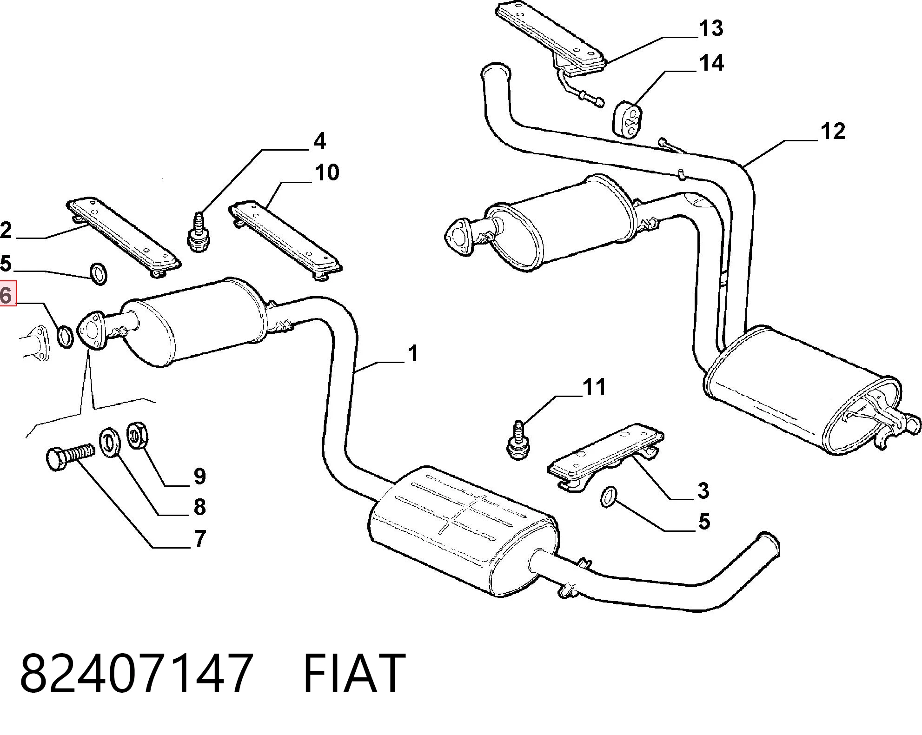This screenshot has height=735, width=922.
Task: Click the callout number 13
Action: pos(711,28)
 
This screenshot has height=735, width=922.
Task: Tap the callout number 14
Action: pos(711,63)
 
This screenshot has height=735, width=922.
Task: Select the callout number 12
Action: pos(833,131)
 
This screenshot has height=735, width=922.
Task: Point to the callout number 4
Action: pos(319,140)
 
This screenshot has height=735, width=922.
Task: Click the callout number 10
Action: pos(327,172)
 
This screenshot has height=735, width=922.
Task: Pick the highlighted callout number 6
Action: pos(7,294)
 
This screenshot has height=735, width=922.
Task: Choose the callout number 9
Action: pos(199,476)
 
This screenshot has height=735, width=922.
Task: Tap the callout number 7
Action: pos(200,539)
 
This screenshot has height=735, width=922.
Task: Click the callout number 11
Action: pos(594,387)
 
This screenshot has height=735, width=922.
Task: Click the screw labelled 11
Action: pos(519,440)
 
